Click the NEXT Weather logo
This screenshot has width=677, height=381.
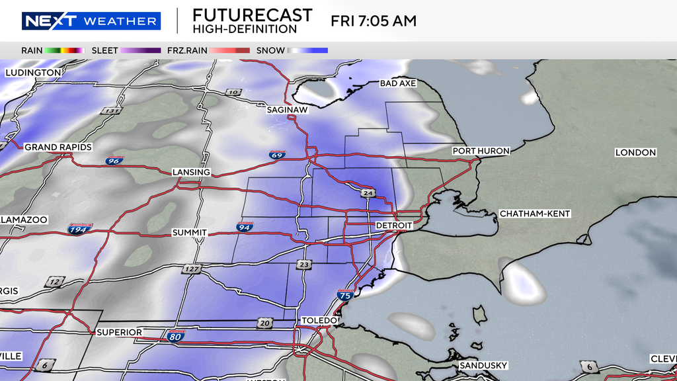(91, 21)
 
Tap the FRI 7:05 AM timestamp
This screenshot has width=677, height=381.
(374, 21)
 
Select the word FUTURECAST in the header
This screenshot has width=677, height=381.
(253, 15)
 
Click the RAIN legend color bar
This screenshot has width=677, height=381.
(65, 50)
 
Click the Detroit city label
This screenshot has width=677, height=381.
(393, 226)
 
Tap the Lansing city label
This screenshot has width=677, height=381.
(191, 172)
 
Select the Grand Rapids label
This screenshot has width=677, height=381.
(58, 147)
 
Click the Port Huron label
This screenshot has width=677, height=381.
(481, 151)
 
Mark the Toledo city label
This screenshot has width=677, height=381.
(319, 320)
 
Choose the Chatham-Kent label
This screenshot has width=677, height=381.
(535, 214)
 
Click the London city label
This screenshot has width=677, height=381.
(635, 152)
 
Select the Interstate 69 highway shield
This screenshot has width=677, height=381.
(278, 155)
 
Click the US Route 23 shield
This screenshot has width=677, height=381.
(303, 265)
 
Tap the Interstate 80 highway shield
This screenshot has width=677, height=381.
(175, 336)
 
